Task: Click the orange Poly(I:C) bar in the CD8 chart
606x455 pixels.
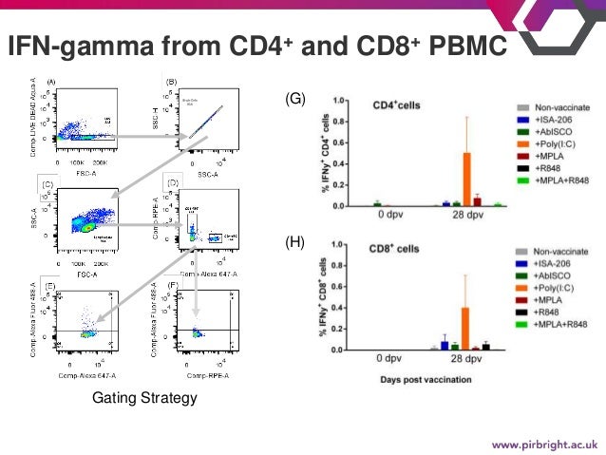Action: tap(466, 328)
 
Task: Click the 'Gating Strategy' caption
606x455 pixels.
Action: tap(144, 398)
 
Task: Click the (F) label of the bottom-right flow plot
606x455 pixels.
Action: tap(173, 285)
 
